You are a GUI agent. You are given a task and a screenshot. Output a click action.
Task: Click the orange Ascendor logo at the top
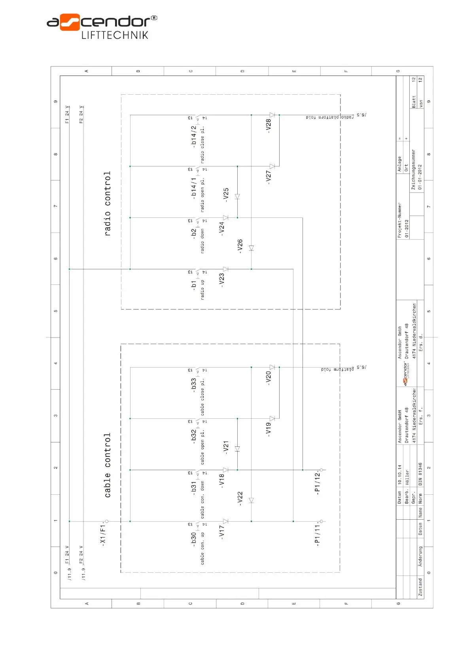click(70, 22)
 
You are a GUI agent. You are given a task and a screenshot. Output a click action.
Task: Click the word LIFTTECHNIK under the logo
click(115, 35)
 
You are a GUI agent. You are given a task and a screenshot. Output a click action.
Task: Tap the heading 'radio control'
click(107, 204)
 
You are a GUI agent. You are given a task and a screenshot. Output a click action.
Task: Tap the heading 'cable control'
click(107, 465)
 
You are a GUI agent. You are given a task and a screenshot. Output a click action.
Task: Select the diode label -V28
click(269, 126)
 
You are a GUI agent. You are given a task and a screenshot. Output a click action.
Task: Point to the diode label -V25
click(226, 195)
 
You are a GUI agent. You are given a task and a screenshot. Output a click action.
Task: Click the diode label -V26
click(240, 246)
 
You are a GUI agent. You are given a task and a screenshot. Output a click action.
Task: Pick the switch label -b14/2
click(193, 137)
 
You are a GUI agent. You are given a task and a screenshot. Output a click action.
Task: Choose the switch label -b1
click(193, 285)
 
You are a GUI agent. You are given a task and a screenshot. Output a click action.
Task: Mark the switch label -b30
click(193, 540)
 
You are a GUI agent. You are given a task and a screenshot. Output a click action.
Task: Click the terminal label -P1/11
click(317, 535)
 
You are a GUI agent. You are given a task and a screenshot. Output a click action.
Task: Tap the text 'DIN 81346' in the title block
click(420, 474)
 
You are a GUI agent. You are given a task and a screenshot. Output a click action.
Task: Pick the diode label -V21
click(226, 448)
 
